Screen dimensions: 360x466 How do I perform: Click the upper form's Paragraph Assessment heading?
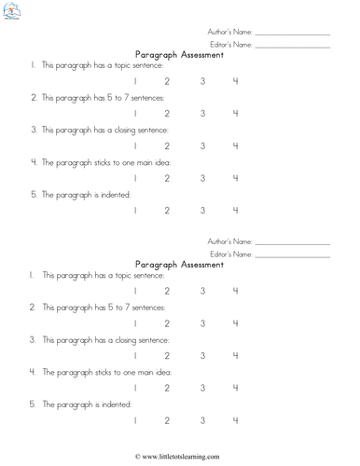[x=180, y=55]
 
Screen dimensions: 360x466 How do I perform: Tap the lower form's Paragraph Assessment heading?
[x=180, y=265]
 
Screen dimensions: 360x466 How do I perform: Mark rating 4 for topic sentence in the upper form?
[x=235, y=83]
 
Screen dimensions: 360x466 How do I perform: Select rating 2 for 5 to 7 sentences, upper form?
[x=167, y=114]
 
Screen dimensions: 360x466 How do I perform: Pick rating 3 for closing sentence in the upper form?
[x=202, y=146]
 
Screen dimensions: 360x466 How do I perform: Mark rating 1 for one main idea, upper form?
[x=136, y=178]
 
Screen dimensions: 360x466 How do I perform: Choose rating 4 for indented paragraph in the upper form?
[x=235, y=211]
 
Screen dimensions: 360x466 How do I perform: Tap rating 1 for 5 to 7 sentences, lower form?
[x=136, y=323]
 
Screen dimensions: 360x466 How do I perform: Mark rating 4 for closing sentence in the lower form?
[x=235, y=356]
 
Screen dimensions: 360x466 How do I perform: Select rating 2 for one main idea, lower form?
[x=167, y=388]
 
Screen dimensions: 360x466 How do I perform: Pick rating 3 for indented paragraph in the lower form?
[x=202, y=420]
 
